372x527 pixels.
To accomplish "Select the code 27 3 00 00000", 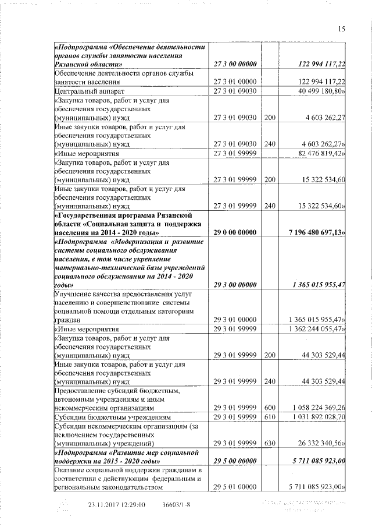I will click(x=235, y=63).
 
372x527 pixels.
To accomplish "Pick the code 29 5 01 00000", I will click(x=235, y=486).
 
